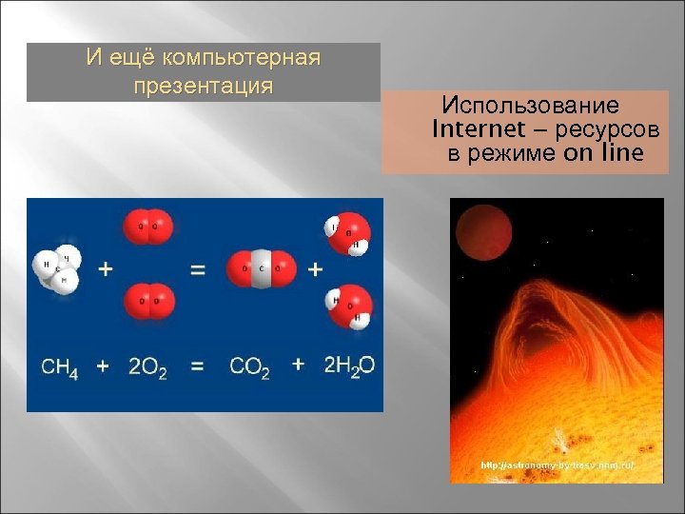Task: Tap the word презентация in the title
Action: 204,87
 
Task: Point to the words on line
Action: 603,153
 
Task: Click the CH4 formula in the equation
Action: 60,366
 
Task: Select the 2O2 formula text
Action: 147,366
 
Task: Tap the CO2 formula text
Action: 249,366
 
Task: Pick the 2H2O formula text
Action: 349,366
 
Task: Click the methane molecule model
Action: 57,268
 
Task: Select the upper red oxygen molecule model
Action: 148,227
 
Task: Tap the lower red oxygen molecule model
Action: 148,301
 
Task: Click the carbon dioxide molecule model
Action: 261,269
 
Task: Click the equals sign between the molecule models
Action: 198,269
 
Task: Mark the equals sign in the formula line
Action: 198,366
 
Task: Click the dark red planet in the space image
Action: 481,233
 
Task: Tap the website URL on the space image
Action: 558,465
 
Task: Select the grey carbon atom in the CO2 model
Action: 261,269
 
